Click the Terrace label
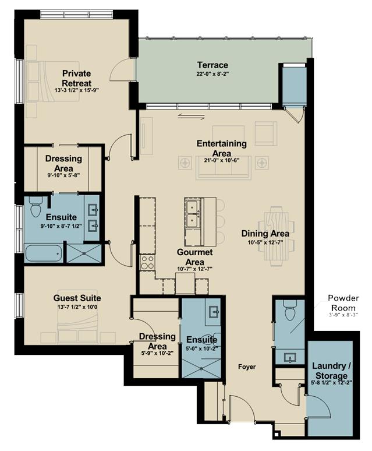click(x=212, y=65)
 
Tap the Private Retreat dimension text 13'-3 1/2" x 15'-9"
click(x=77, y=90)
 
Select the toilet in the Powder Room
click(x=289, y=310)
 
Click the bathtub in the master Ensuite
click(x=44, y=253)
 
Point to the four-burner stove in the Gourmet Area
click(x=147, y=262)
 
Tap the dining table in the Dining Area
click(x=276, y=237)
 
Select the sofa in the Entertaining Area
click(x=224, y=168)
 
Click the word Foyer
click(x=247, y=367)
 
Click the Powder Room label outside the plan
click(x=343, y=302)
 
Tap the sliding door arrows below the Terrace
click(x=191, y=117)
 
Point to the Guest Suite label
click(x=77, y=298)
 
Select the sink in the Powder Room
click(x=290, y=358)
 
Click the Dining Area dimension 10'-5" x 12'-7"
click(x=265, y=242)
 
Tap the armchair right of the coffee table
click(x=265, y=133)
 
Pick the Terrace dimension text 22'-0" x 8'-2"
click(x=212, y=73)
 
